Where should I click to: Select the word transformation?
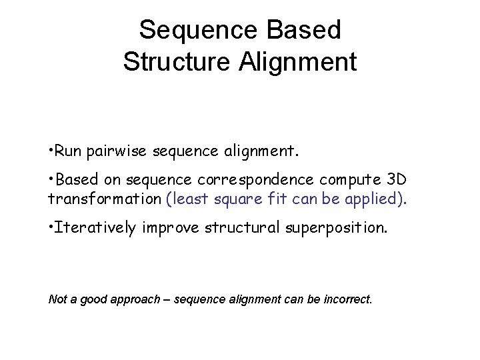pos(104,199)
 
